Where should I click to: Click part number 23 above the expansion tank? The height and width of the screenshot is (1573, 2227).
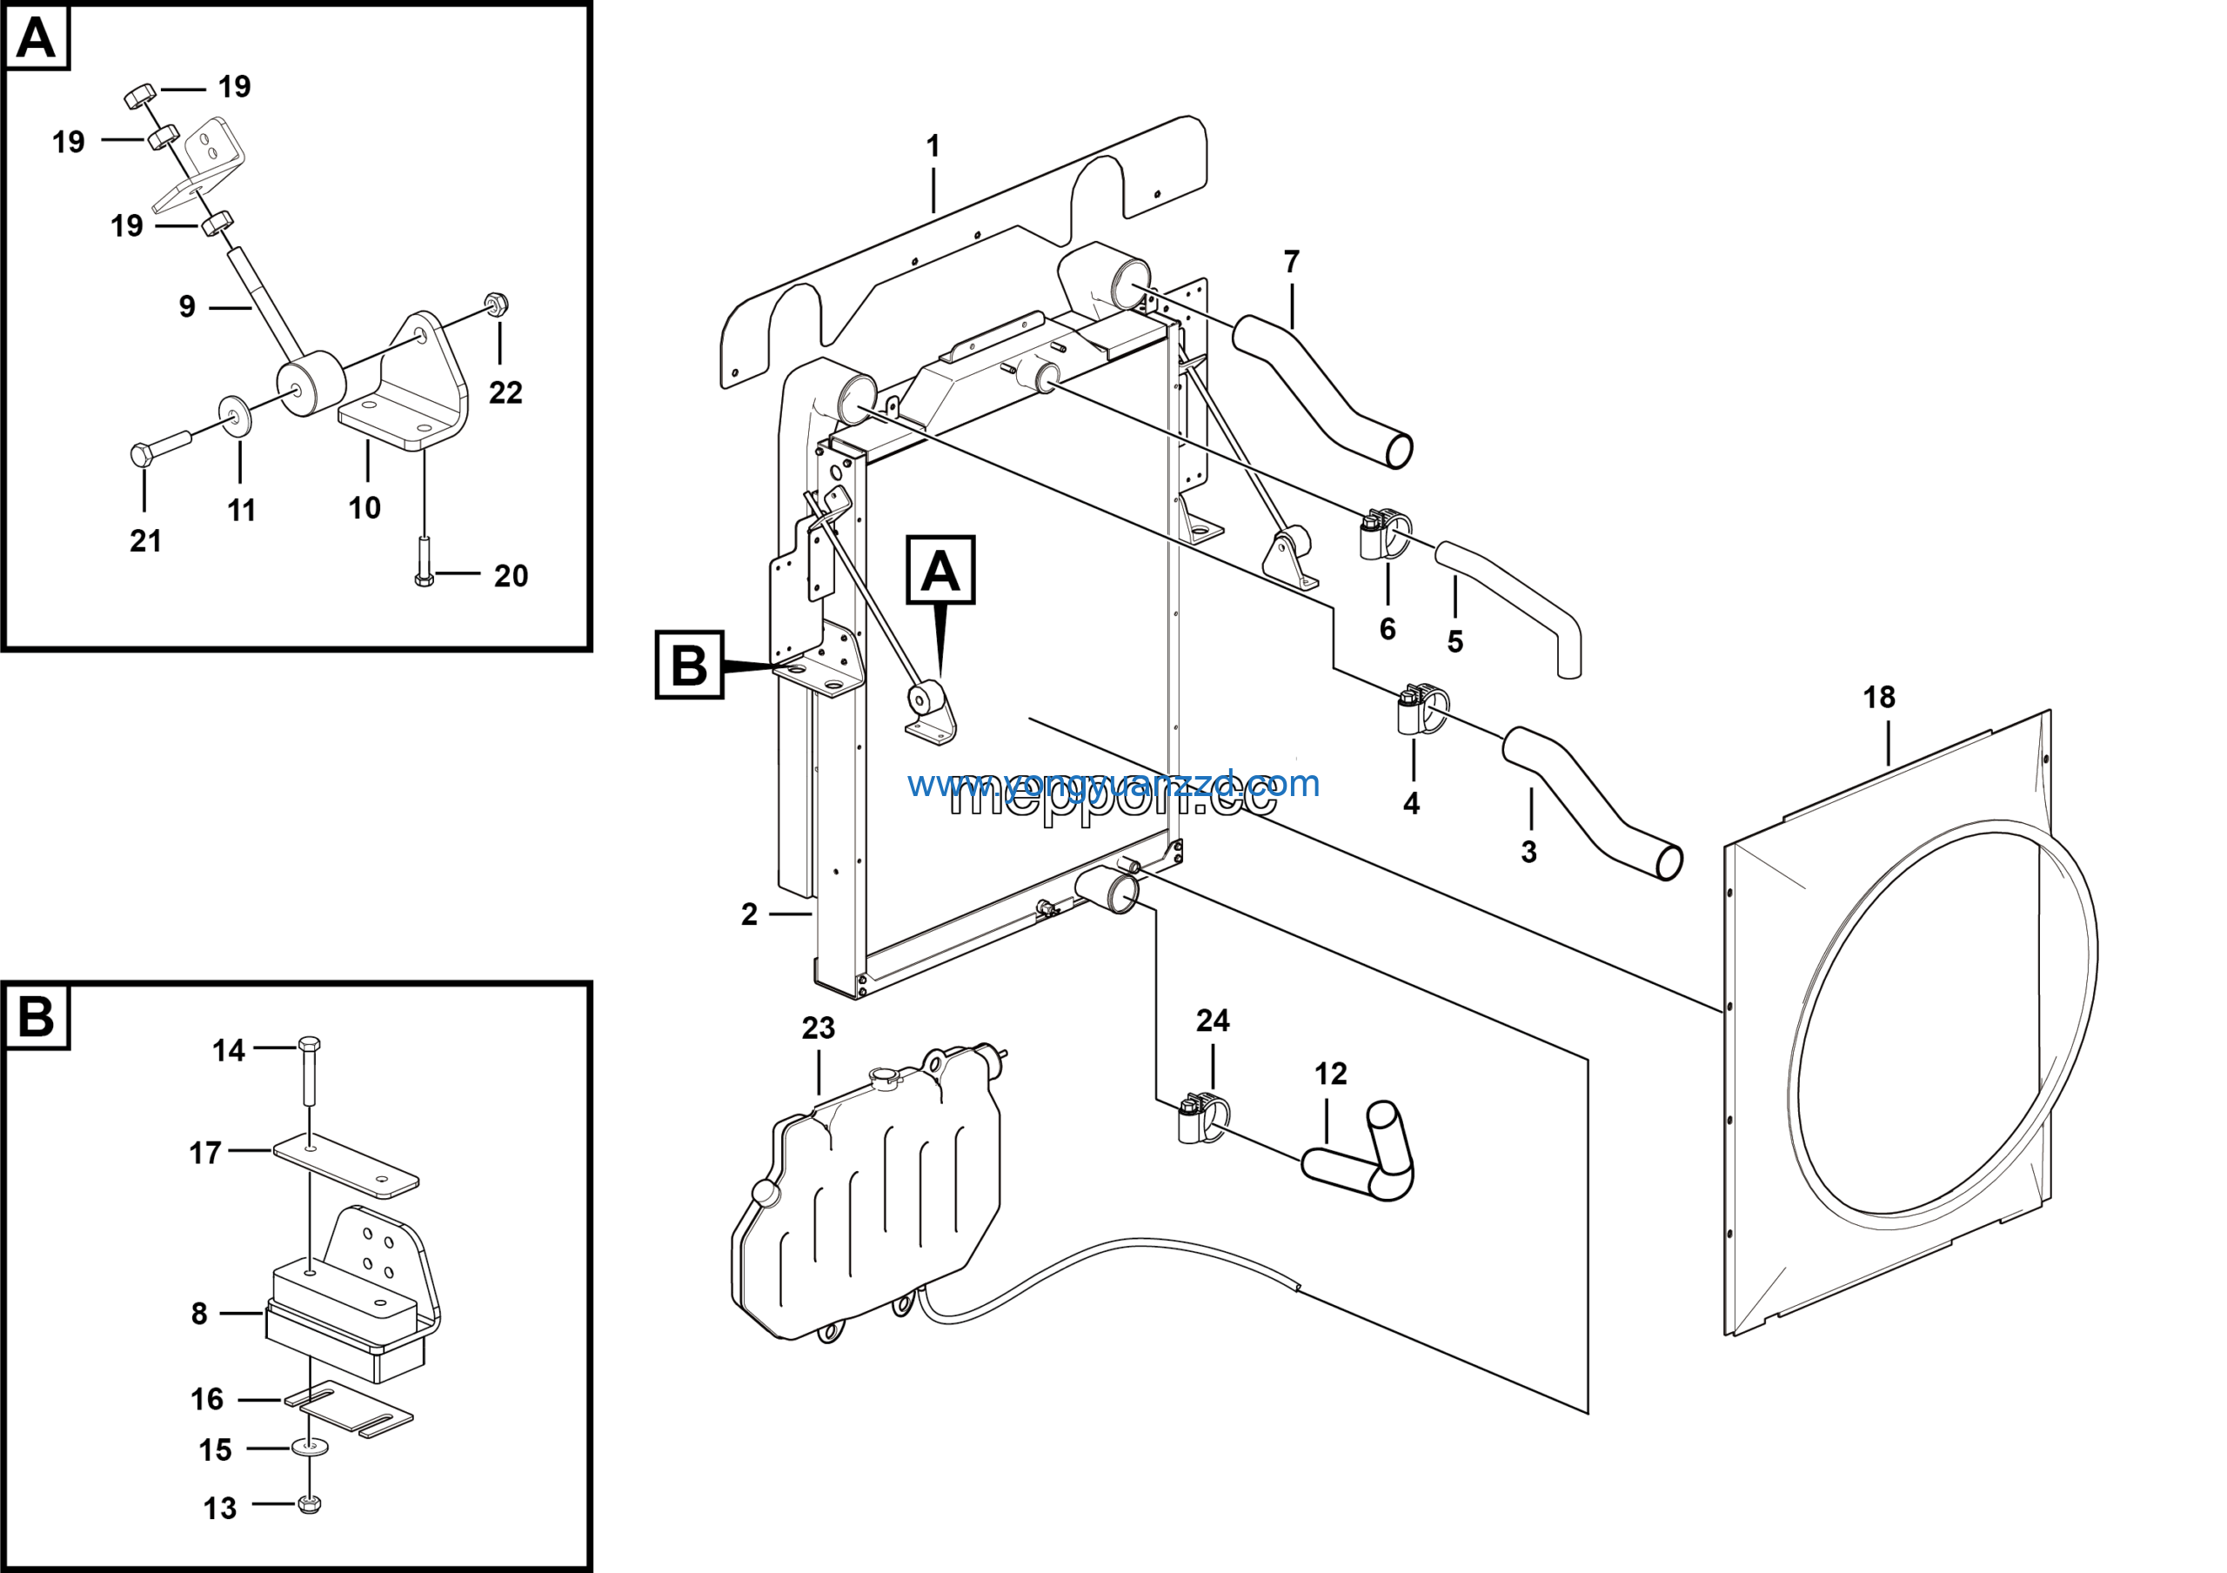point(818,1028)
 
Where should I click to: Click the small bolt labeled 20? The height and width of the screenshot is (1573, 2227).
point(424,563)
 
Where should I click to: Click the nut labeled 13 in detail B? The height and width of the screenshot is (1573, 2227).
point(310,1504)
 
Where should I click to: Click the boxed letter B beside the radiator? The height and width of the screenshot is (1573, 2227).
point(690,666)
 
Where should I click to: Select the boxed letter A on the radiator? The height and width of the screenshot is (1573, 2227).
point(940,570)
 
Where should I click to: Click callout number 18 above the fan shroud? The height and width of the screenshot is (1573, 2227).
point(1879,697)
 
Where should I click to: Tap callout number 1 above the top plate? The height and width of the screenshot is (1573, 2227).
point(933,146)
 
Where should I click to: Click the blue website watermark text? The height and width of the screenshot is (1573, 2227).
point(1113,784)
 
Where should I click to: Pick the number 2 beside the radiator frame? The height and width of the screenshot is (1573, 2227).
point(749,914)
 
